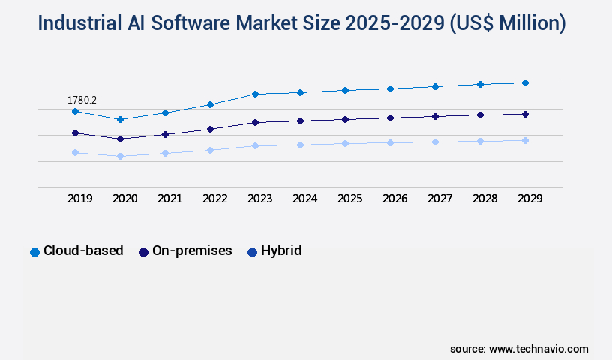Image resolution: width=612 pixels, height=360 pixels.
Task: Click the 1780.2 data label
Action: coord(82,100)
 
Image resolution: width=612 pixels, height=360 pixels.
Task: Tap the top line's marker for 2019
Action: coord(75,111)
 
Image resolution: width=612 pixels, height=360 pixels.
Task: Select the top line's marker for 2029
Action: coord(525,82)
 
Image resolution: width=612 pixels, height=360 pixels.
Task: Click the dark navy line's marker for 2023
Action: coord(255,122)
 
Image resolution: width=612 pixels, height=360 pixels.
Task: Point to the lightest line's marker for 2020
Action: coord(120,156)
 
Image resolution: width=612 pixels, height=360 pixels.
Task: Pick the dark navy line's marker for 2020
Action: coord(120,139)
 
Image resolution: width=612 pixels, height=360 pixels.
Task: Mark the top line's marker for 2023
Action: coord(255,94)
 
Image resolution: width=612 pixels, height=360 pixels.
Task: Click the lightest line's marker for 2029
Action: coord(525,140)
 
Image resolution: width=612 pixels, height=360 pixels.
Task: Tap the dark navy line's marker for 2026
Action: coord(390,118)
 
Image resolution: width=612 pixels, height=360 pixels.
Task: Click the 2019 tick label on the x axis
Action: coord(80,199)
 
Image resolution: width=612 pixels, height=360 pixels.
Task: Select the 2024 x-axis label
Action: coord(305,199)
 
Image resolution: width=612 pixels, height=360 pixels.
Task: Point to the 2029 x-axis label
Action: coord(530,199)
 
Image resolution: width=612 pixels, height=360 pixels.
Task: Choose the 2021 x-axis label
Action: coord(170,199)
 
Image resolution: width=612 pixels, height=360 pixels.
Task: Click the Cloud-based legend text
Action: coord(83,250)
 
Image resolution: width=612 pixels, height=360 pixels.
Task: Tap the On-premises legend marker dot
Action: coord(143,252)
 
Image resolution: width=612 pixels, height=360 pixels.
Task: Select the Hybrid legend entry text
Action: coord(281,250)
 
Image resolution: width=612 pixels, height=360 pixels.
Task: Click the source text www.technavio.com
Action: coord(538,349)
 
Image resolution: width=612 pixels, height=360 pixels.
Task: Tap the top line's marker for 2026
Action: coord(390,88)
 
